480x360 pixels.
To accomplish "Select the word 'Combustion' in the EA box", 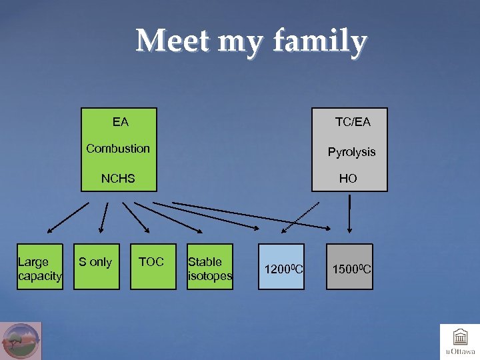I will coord(118,149).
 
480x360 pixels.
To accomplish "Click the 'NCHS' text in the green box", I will coord(118,178).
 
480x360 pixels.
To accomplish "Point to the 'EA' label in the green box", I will coord(121,122).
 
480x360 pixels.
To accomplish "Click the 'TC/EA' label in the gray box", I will coord(353,122).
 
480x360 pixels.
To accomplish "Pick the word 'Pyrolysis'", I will coord(351,152).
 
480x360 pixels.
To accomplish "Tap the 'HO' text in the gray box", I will coord(348,179).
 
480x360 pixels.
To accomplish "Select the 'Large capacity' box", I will coord(40,268).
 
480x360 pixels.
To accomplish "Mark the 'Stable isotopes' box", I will coord(210,268).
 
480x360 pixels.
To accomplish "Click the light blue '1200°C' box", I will coord(282,269).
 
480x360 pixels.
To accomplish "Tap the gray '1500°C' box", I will coord(349,269).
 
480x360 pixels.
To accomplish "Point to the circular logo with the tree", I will coord(21,341).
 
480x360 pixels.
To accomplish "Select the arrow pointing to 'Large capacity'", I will coord(68,219).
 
